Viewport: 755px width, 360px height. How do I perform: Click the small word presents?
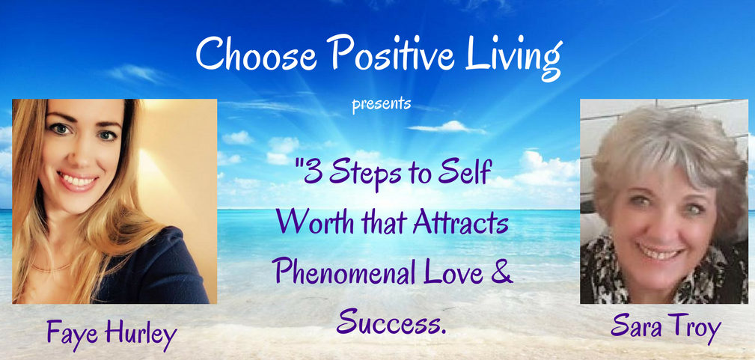pyautogui.click(x=382, y=104)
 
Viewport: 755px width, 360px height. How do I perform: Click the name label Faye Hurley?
pyautogui.click(x=111, y=333)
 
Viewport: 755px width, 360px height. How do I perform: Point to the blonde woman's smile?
pyautogui.click(x=78, y=180)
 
